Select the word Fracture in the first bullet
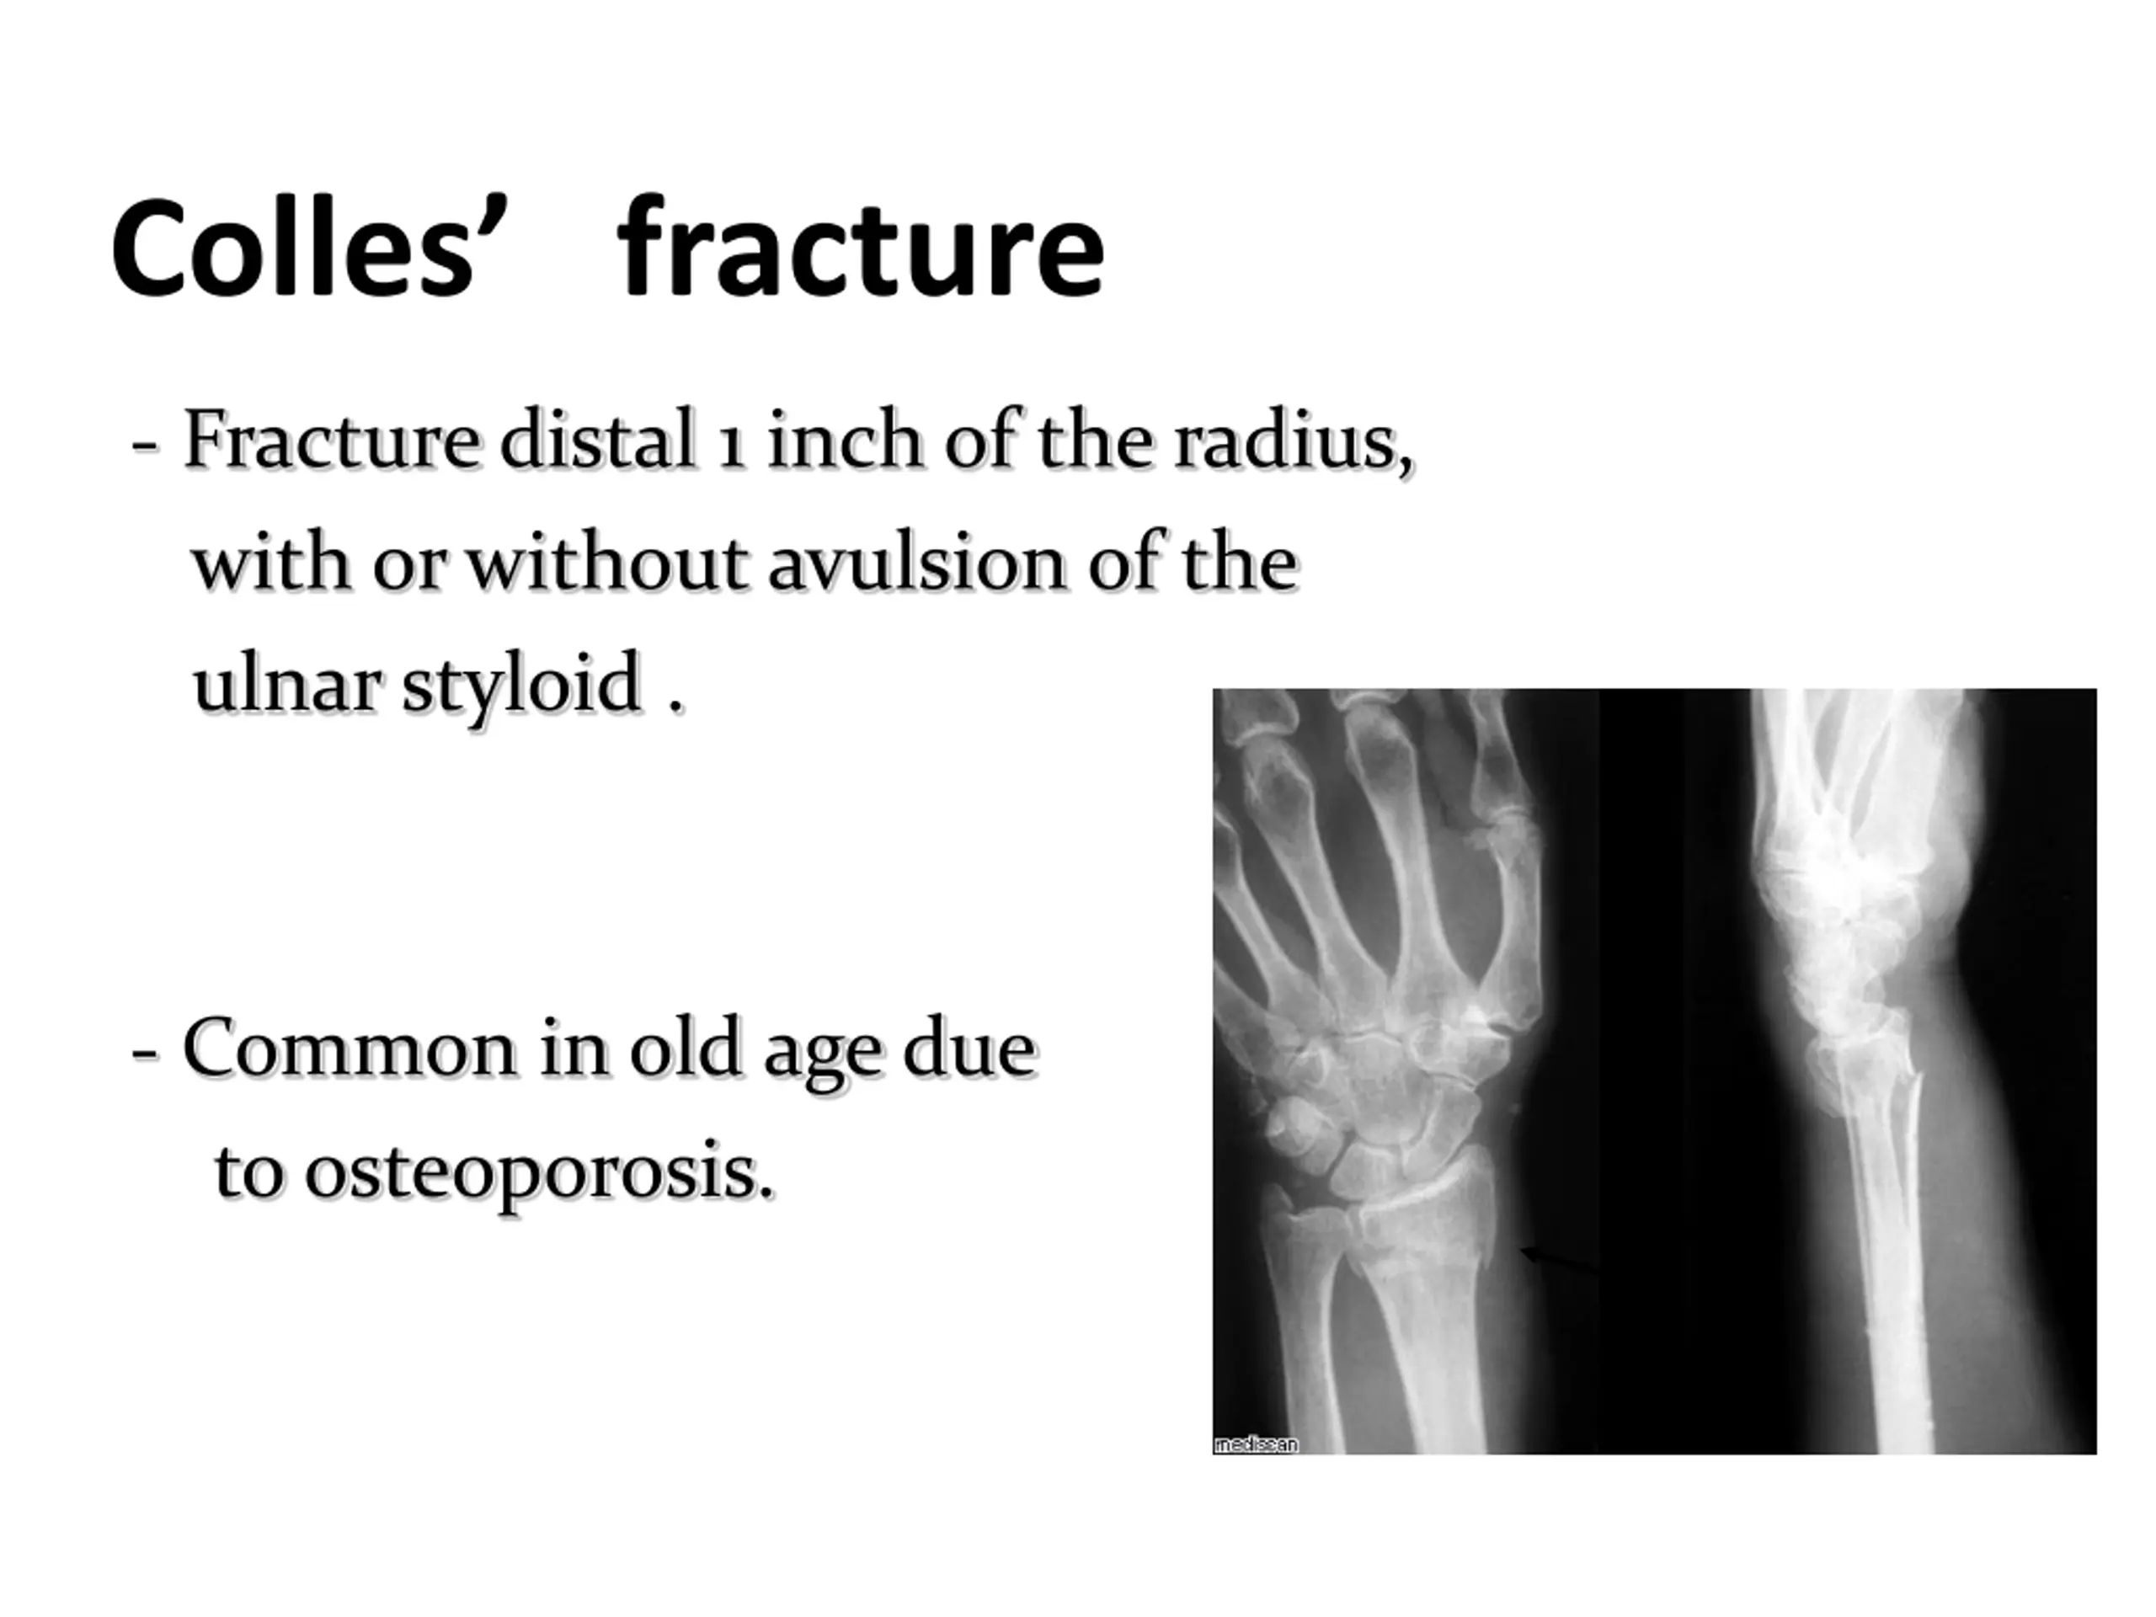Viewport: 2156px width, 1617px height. (x=330, y=440)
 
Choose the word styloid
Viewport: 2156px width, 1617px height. (x=521, y=686)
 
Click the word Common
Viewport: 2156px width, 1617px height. (x=350, y=1049)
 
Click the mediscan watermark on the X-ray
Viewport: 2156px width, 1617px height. (x=1257, y=1444)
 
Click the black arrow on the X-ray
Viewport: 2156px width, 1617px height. (x=1560, y=1258)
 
